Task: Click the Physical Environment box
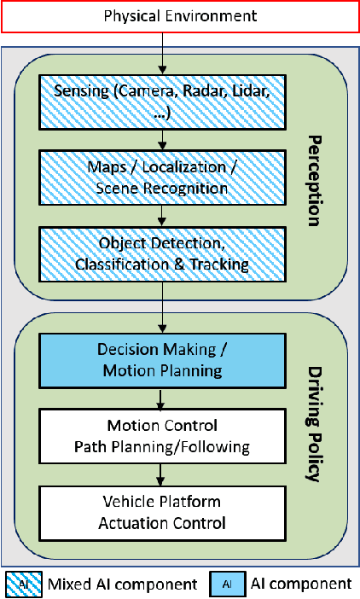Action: click(x=180, y=16)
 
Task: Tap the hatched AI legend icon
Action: click(x=22, y=584)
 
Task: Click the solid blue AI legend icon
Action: click(x=226, y=584)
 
